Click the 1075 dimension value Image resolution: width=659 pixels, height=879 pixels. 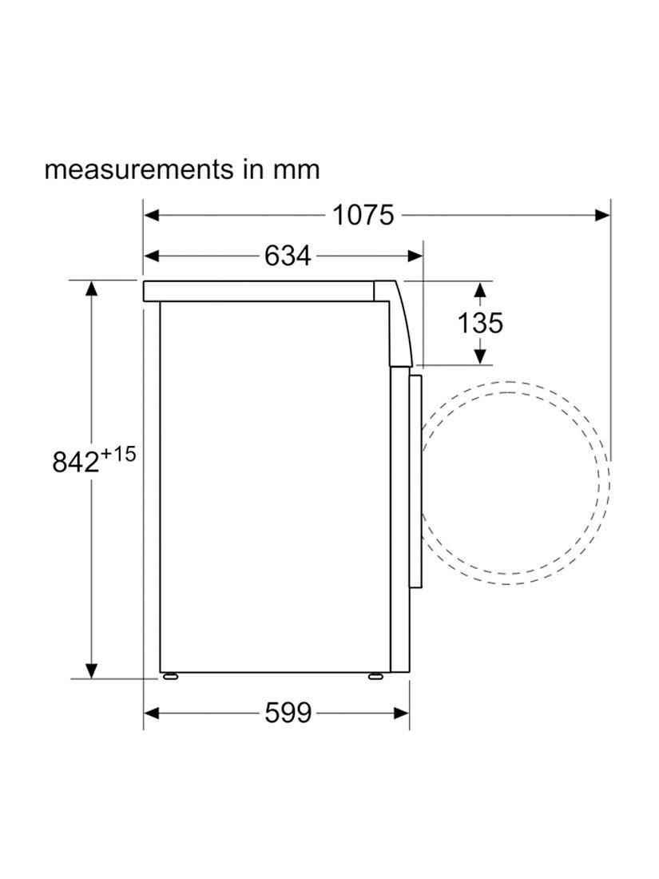tap(363, 215)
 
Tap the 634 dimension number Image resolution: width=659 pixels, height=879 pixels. tap(288, 257)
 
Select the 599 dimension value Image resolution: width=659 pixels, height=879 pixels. tap(288, 713)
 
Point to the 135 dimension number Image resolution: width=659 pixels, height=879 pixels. tap(480, 323)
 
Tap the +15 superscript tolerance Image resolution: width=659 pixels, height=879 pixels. tap(119, 454)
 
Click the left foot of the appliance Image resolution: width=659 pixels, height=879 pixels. tap(170, 676)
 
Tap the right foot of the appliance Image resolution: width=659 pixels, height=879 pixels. tap(375, 676)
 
